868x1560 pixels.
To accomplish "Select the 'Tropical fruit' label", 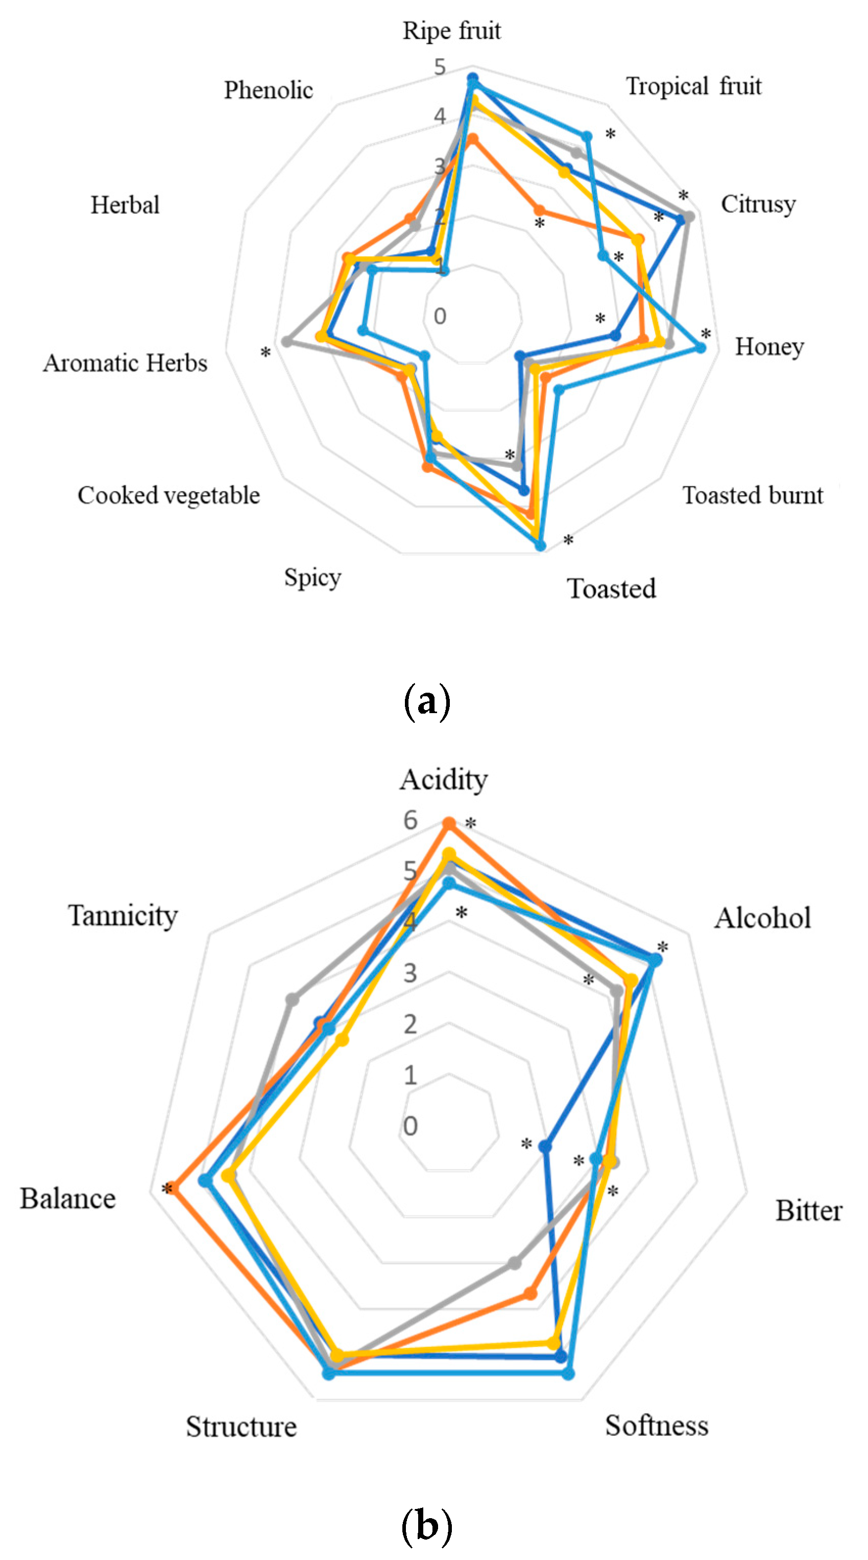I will [x=693, y=86].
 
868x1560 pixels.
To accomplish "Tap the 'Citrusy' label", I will [x=758, y=205].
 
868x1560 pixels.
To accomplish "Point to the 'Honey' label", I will [x=769, y=347].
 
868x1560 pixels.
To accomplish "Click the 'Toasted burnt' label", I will [x=752, y=495].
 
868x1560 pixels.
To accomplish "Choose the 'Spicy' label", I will [x=312, y=577].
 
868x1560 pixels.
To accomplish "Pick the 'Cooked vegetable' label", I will [x=168, y=495].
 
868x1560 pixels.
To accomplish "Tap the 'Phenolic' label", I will [x=269, y=90].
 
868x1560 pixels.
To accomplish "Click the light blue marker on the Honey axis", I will [x=701, y=347].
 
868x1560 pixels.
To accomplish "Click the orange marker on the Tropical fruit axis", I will [x=538, y=210].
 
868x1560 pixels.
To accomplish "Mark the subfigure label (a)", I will [x=427, y=701].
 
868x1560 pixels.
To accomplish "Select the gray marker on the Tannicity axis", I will [x=292, y=999].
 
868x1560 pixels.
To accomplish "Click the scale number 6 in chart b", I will [x=411, y=820].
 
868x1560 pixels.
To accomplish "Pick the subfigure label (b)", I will [x=427, y=1525].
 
